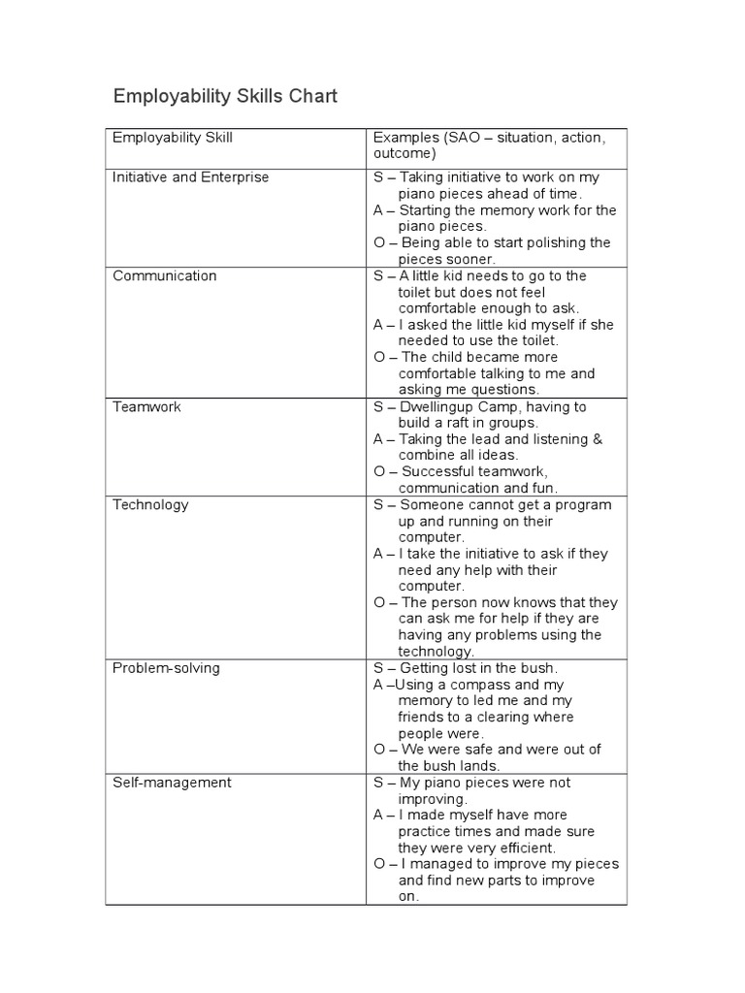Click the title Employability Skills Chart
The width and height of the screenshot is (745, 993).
click(x=225, y=96)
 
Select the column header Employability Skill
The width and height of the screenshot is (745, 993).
click(x=173, y=138)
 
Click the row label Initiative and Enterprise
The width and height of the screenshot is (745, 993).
click(x=191, y=177)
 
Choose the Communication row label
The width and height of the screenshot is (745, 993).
click(x=165, y=275)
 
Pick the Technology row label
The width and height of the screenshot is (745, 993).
click(x=150, y=504)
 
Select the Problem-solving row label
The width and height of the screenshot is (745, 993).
click(x=166, y=668)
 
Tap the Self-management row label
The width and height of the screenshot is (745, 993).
click(x=172, y=783)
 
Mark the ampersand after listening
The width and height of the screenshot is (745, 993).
click(x=597, y=439)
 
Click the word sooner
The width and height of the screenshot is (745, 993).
click(x=471, y=259)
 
